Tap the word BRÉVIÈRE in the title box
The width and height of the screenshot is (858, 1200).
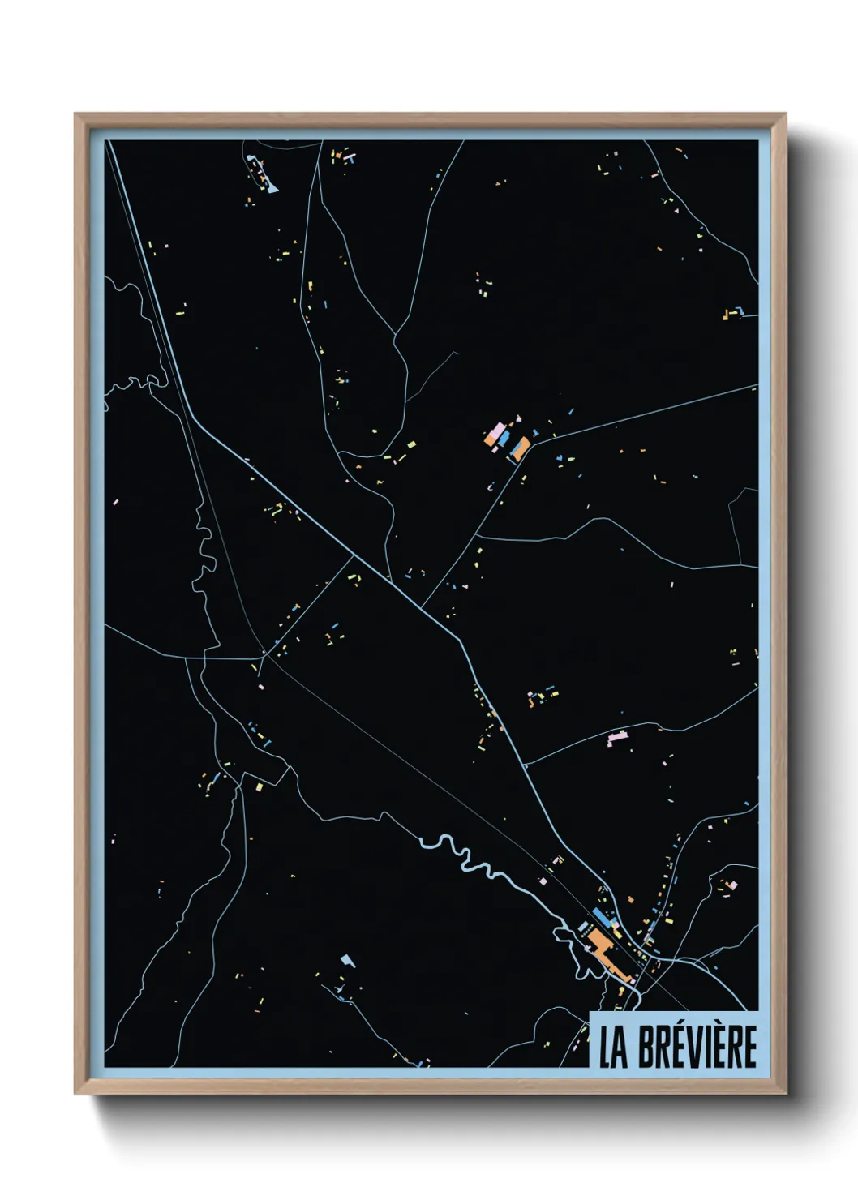(697, 1047)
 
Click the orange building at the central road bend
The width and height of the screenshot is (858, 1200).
(519, 448)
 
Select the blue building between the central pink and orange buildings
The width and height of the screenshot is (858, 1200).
(504, 439)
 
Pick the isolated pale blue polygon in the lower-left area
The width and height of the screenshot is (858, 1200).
(348, 961)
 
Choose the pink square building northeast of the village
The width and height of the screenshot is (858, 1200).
(733, 885)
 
